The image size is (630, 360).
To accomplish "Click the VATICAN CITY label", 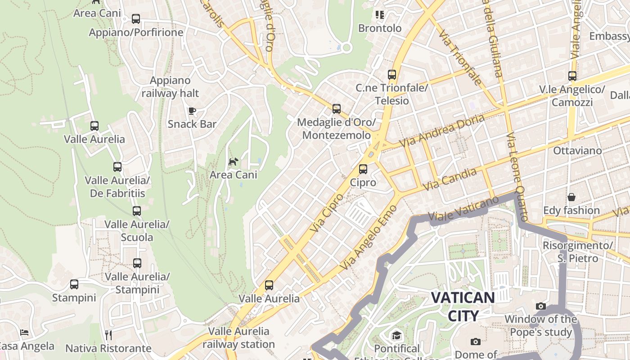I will (x=463, y=306).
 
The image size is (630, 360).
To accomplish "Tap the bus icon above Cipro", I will (x=363, y=169).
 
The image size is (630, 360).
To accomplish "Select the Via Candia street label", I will (x=450, y=179).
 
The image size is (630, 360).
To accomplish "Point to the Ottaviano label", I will (x=577, y=150).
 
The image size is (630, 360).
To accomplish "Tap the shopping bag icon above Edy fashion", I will (x=571, y=197).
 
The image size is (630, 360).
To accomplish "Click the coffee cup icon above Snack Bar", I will (x=192, y=111).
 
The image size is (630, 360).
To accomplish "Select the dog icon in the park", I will (x=233, y=162).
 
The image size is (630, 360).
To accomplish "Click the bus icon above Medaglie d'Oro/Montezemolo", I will (x=336, y=108).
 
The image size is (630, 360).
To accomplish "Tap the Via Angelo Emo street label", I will (x=369, y=237).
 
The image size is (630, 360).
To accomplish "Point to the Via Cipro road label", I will (x=327, y=212).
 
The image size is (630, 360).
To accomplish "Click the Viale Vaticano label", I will (x=463, y=210).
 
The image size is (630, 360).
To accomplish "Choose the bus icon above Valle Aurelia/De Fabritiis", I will (x=117, y=167).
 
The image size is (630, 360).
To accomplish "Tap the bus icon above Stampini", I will (x=74, y=284).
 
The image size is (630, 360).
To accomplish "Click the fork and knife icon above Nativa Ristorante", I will (x=108, y=335).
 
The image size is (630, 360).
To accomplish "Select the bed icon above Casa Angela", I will (x=24, y=333).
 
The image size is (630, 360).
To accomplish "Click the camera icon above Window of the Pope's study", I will (x=541, y=306).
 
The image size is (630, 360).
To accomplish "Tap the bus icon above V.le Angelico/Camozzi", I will (x=572, y=76).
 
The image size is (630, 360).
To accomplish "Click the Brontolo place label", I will (x=380, y=28).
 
